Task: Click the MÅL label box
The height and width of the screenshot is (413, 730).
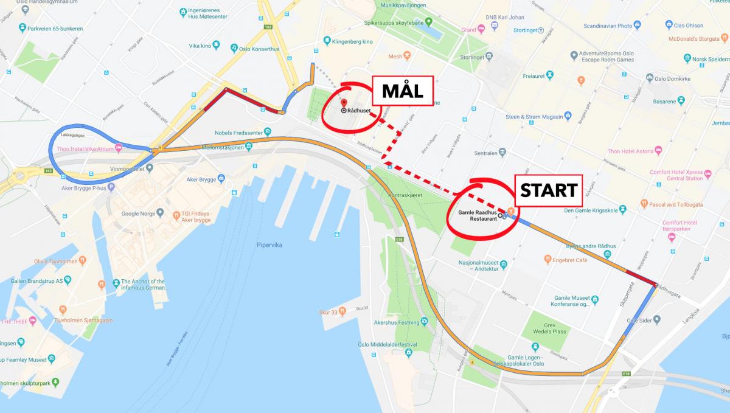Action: point(401,92)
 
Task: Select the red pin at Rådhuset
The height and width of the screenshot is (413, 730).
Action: point(344,103)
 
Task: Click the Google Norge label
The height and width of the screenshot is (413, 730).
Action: point(139,213)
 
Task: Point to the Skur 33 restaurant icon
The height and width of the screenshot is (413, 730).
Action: point(342,311)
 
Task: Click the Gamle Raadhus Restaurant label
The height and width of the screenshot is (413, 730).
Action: point(473,215)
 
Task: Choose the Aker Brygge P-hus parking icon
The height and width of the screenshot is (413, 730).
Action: point(111,187)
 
